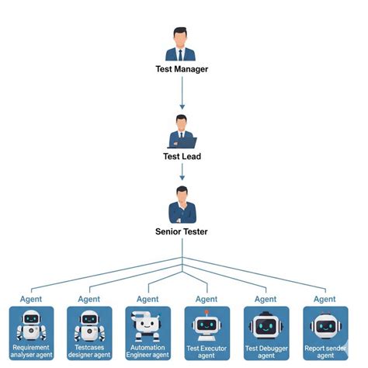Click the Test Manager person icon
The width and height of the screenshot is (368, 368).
coord(182,44)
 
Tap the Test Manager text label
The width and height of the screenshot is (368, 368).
coord(182,69)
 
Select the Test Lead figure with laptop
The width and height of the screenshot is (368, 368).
coord(182,131)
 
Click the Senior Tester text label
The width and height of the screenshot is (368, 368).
coord(182,231)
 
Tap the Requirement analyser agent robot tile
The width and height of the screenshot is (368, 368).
coord(31,332)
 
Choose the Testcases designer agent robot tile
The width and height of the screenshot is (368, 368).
coord(90,332)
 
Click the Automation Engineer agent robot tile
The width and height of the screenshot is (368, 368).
coord(148,332)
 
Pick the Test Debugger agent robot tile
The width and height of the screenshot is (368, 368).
coord(266,332)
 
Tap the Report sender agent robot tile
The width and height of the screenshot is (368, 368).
coord(325,332)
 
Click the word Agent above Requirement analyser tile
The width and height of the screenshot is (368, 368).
coord(31,299)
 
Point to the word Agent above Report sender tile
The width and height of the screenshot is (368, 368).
coord(325,299)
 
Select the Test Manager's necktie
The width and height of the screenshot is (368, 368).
coord(182,54)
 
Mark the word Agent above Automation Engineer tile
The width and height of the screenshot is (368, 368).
coord(148,299)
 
